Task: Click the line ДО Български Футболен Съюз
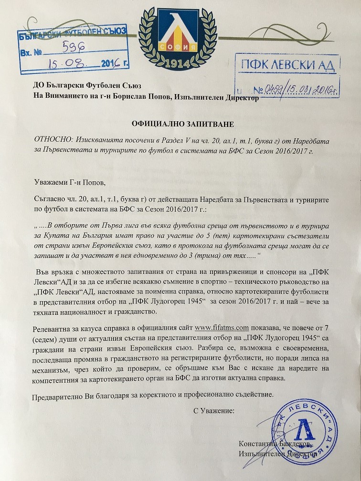coord(82,87)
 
